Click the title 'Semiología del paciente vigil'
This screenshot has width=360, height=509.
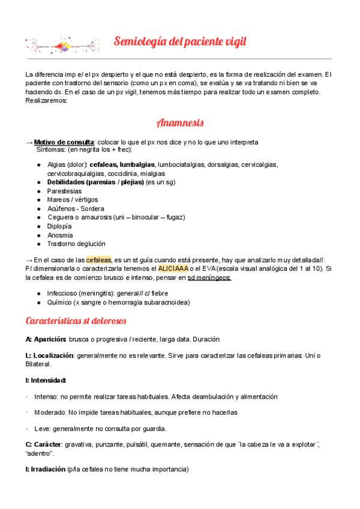(x=180, y=42)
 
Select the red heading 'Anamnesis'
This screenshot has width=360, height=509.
(x=180, y=123)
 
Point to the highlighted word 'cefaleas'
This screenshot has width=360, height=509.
(x=98, y=259)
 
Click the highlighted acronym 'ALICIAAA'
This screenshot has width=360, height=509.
(x=173, y=268)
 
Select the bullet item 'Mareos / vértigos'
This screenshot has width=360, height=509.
(x=72, y=199)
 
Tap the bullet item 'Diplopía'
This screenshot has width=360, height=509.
(x=59, y=226)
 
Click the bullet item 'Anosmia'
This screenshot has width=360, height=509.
(x=60, y=235)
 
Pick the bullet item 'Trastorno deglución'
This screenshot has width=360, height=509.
(x=76, y=244)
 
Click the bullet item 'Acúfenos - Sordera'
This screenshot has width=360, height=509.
(x=75, y=208)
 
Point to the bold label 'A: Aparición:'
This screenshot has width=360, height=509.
(x=46, y=339)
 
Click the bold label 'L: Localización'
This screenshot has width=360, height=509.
(x=49, y=355)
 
